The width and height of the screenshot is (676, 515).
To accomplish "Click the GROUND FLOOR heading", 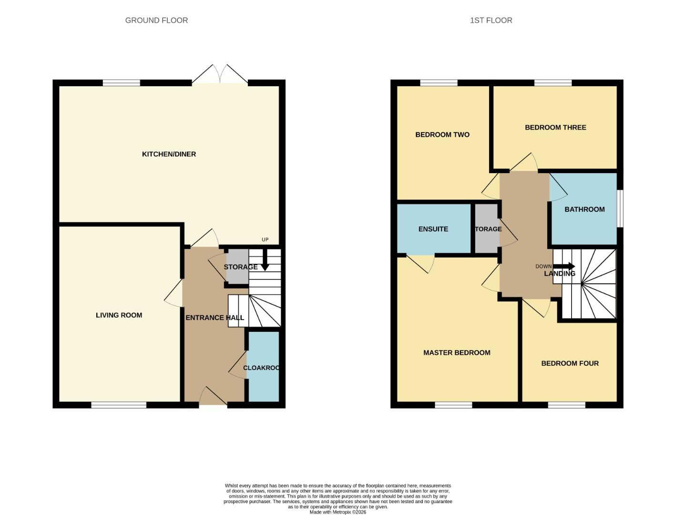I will tap(156, 21).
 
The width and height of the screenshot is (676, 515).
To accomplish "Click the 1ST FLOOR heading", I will tap(491, 21).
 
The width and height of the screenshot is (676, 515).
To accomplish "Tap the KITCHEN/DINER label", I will tap(169, 154).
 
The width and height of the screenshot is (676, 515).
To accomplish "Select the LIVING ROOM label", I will tap(119, 315).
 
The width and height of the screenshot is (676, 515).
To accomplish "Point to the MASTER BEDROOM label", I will tap(457, 353).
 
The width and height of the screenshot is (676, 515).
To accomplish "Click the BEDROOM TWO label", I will tap(442, 135).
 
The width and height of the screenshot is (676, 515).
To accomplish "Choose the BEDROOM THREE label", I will tap(555, 127).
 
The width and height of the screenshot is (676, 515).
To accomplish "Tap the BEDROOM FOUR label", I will tap(570, 363).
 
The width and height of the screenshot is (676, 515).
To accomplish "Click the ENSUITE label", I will tap(433, 229).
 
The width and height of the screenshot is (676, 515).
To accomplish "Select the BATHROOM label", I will tap(584, 209).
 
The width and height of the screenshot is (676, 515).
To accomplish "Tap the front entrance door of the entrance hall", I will tap(213, 397).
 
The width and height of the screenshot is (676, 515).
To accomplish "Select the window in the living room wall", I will tap(119, 405).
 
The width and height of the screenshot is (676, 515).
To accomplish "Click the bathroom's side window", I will tap(620, 209).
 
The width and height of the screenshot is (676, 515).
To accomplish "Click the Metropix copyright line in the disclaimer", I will tap(338, 512).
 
